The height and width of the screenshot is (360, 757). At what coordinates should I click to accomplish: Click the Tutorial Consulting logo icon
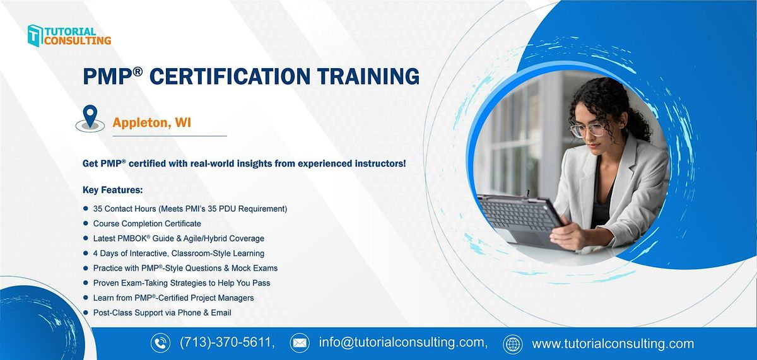click(35, 35)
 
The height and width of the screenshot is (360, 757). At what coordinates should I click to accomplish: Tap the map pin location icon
click(91, 117)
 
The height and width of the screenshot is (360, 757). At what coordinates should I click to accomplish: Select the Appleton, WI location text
click(151, 123)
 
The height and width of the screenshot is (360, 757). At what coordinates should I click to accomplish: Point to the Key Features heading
click(112, 189)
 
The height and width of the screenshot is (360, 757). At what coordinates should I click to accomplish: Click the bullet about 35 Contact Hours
click(190, 208)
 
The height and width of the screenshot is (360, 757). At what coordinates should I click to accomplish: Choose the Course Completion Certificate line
click(147, 223)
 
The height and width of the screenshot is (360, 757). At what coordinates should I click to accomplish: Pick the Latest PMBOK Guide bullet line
click(179, 238)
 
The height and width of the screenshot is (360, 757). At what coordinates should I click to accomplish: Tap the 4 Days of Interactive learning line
click(179, 253)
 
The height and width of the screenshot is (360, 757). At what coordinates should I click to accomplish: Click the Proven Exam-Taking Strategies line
click(182, 282)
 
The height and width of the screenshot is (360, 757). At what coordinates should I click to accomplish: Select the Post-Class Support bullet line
click(162, 312)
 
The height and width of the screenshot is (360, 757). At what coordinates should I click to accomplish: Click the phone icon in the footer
click(160, 344)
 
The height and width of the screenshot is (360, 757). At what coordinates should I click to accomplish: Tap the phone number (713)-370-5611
click(227, 344)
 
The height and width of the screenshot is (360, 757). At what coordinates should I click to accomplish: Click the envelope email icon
click(300, 344)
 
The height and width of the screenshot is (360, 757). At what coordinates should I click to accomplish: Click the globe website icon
click(513, 344)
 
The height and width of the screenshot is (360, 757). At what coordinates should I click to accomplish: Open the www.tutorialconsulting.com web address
click(613, 344)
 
